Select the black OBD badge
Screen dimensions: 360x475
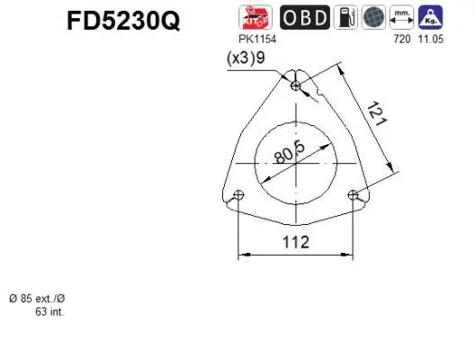304,18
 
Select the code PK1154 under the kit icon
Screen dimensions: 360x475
257,41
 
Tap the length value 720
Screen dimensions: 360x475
401,41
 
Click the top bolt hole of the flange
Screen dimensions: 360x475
298,85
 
